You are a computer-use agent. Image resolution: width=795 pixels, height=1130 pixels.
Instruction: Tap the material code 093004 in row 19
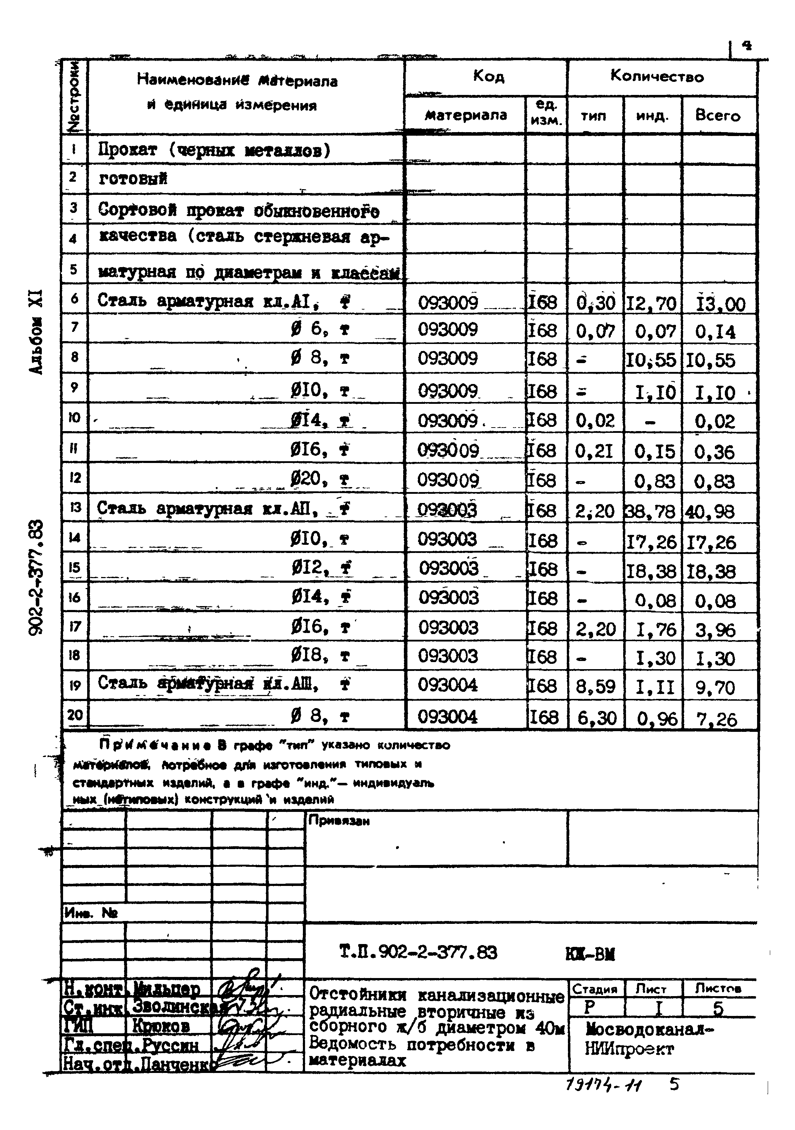[x=448, y=685]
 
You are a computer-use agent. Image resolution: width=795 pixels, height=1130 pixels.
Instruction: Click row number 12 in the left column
[x=75, y=478]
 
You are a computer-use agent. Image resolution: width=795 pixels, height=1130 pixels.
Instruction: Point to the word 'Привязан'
[x=339, y=820]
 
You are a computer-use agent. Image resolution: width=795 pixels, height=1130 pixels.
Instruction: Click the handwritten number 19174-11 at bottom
[x=604, y=1083]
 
